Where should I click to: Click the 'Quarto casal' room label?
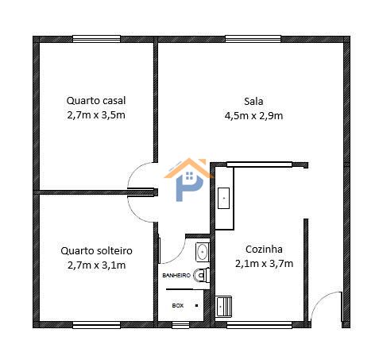[96, 101]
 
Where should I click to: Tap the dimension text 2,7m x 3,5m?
[96, 115]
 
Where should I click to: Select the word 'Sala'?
[253, 102]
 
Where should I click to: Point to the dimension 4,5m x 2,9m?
[253, 116]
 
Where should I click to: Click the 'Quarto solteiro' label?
[96, 250]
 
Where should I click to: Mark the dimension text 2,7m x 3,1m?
[96, 265]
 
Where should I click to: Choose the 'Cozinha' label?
[264, 250]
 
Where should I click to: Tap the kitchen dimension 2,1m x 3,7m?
[264, 264]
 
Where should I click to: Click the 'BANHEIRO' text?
[176, 276]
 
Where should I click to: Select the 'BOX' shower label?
[178, 305]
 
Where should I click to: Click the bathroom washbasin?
[203, 252]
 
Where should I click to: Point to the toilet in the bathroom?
[202, 275]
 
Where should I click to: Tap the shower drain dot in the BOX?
[197, 305]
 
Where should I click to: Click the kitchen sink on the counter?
[223, 198]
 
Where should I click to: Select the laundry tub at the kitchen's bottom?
[224, 306]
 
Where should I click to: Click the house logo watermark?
[189, 180]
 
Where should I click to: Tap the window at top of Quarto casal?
[97, 39]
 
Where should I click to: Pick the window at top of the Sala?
[253, 39]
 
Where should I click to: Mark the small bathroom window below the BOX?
[180, 325]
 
